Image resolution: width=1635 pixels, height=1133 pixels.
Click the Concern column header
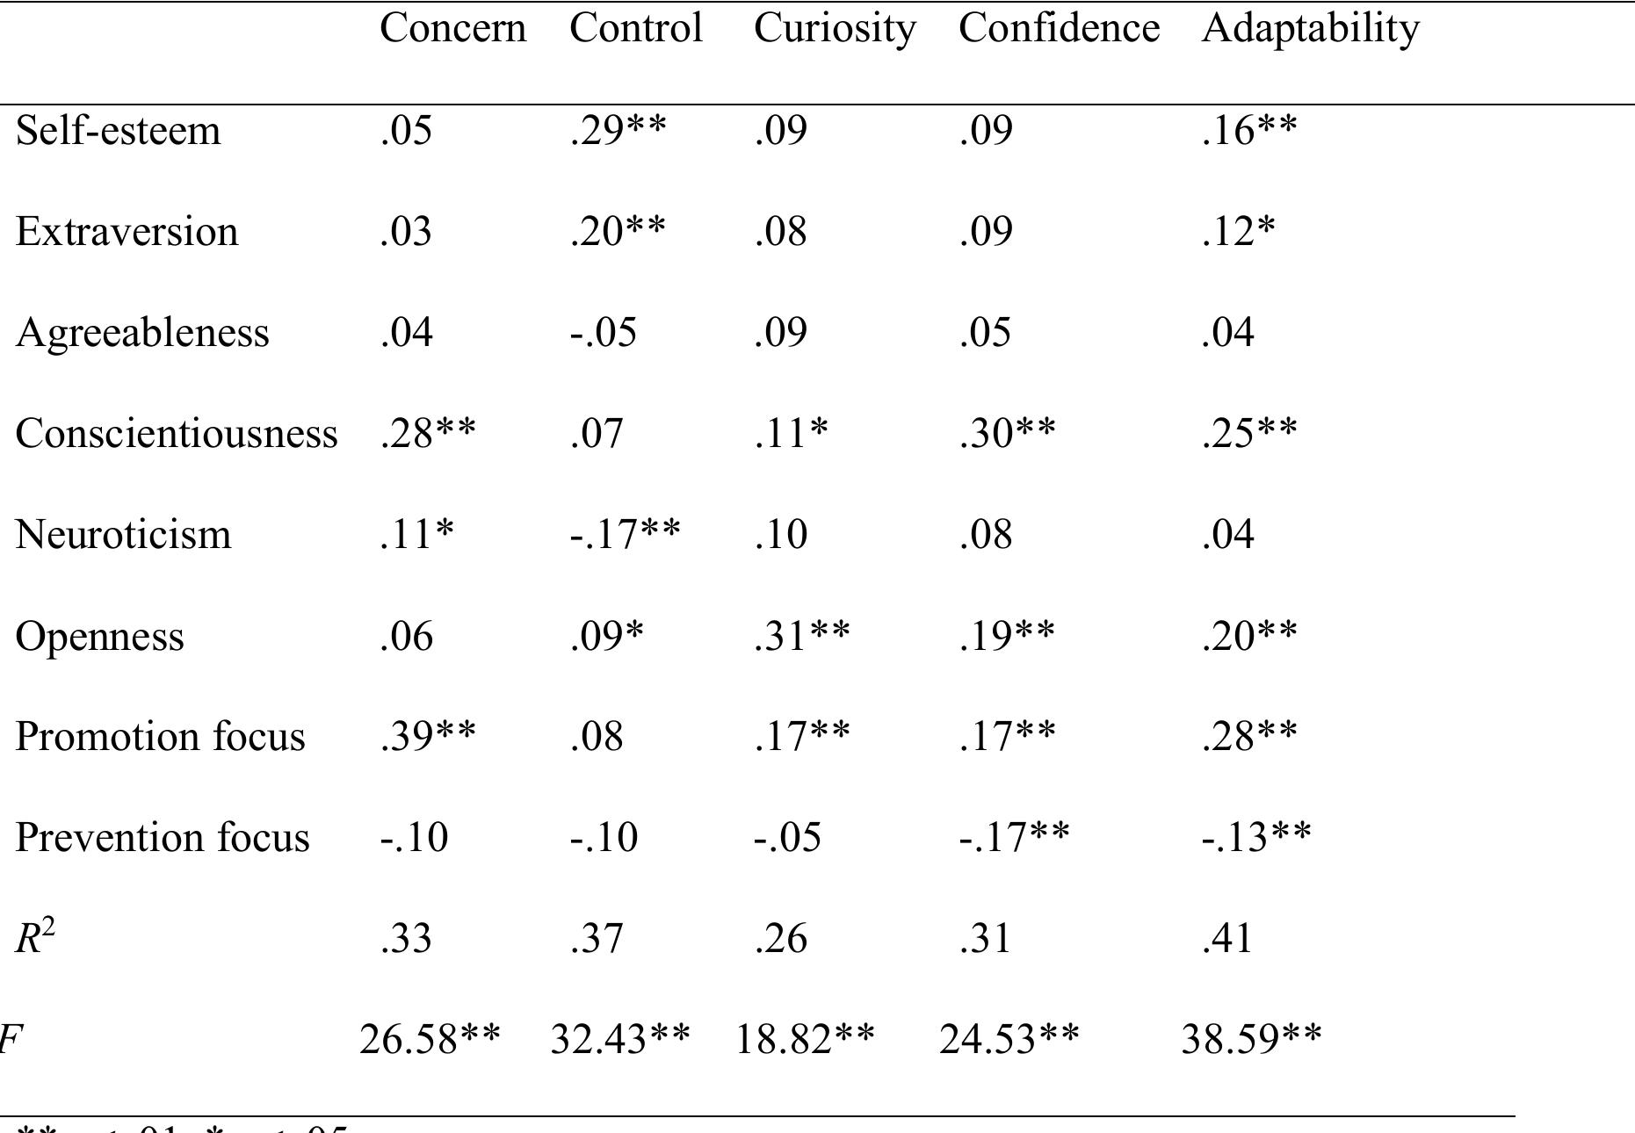[452, 29]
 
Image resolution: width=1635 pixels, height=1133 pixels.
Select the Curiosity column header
[834, 29]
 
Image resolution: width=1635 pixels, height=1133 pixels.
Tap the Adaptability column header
[1310, 29]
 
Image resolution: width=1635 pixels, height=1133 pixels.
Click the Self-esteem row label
[118, 131]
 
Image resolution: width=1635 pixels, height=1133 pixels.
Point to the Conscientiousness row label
[177, 434]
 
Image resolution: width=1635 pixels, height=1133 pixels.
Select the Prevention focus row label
[163, 838]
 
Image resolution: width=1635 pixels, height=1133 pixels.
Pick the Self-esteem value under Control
[618, 131]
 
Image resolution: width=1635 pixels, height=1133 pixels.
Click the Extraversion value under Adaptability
[1238, 232]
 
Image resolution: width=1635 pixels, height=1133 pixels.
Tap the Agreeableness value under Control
[603, 333]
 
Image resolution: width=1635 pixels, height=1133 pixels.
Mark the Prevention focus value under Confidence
[1014, 838]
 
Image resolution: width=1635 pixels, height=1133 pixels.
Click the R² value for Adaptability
[1227, 939]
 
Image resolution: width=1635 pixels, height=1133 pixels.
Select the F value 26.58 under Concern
[430, 1040]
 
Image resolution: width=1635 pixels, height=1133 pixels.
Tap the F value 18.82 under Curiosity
[804, 1040]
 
